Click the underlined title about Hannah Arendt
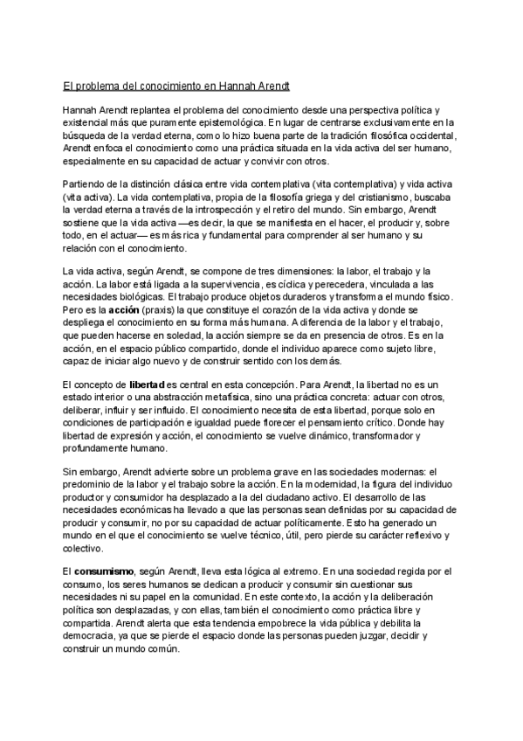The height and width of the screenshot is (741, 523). coord(175,87)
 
